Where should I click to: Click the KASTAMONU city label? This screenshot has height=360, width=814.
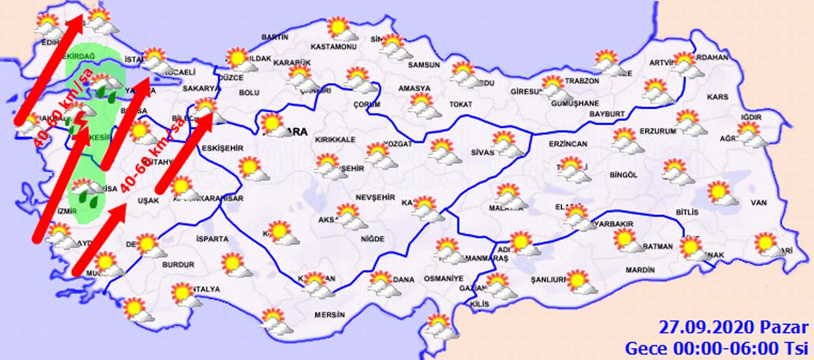coord(333,47)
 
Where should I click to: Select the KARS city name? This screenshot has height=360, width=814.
coord(717,97)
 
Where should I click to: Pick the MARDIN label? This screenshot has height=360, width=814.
coord(640,270)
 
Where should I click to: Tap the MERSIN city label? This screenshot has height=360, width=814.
coord(329,315)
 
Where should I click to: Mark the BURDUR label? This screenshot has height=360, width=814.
coord(178,265)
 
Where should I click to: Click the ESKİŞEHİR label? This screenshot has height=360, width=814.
coord(222,148)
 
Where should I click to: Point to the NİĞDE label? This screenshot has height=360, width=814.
coord(373,239)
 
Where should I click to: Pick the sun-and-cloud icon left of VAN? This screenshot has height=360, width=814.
coord(721,193)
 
